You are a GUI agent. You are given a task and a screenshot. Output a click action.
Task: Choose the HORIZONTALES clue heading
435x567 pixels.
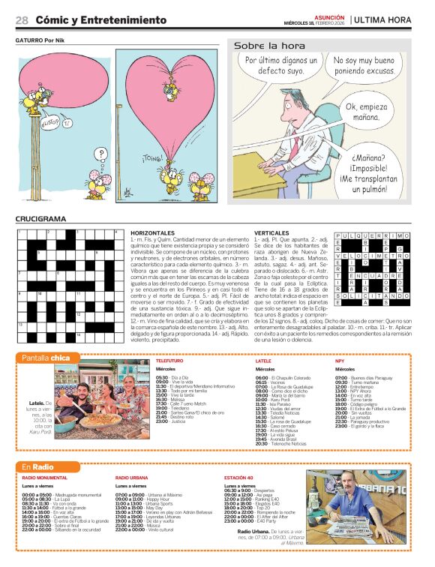(152, 233)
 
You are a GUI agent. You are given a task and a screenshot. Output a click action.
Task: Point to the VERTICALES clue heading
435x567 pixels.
(271, 233)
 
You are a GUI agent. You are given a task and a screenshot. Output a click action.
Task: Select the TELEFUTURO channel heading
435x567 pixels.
(169, 361)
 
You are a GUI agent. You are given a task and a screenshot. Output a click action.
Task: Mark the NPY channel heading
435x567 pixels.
(340, 361)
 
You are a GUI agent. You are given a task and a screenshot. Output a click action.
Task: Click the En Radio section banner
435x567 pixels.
(39, 467)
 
